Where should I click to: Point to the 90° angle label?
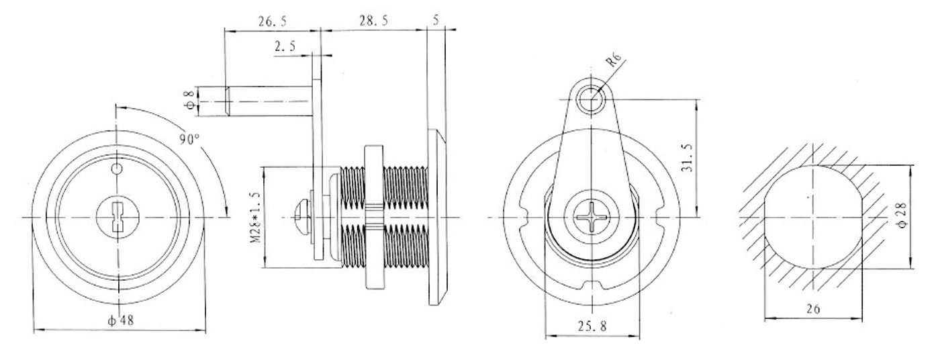[x=189, y=139]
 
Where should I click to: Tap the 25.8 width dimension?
[x=592, y=327]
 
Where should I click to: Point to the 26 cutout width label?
[x=813, y=309]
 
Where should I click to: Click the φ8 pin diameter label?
[x=191, y=101]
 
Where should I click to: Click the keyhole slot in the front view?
[x=117, y=218]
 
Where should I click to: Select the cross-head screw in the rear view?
[x=590, y=218]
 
